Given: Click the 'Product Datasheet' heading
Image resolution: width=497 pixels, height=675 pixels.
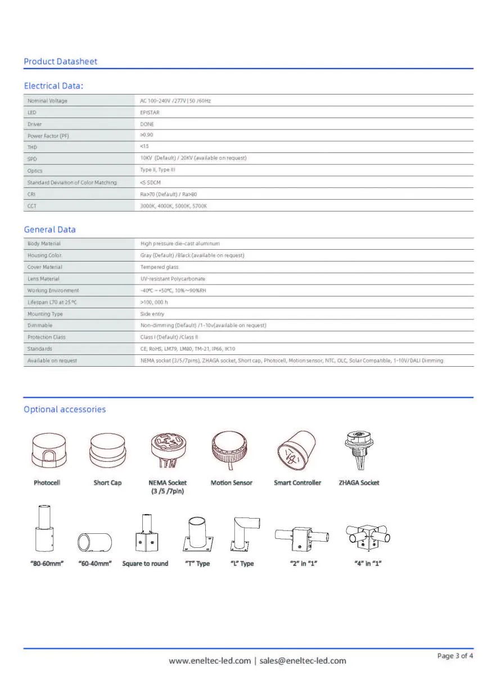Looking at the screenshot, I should [x=60, y=61].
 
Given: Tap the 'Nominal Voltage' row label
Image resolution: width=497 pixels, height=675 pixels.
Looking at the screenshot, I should [x=47, y=101].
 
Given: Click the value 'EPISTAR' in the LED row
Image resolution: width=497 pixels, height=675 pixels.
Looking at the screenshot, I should [x=150, y=112].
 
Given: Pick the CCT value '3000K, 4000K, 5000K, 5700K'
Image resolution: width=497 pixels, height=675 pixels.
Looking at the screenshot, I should [x=174, y=206].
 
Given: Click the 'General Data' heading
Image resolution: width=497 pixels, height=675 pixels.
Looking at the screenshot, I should [x=49, y=229].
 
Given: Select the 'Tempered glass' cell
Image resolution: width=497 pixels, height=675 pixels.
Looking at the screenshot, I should [x=159, y=267].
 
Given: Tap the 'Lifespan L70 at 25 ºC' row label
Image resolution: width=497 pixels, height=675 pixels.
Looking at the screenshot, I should [x=51, y=303].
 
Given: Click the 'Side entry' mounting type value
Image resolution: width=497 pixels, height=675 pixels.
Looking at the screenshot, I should [x=152, y=314].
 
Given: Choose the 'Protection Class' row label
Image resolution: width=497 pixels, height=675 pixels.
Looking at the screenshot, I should [x=46, y=337].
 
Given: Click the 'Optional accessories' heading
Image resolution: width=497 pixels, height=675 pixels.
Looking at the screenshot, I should [x=65, y=409].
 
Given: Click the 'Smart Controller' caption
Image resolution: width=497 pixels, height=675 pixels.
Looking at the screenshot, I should [x=297, y=483].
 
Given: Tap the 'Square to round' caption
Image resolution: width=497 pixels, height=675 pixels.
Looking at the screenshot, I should [x=145, y=564].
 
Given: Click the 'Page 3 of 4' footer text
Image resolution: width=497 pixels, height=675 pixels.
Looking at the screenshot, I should [x=455, y=656].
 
